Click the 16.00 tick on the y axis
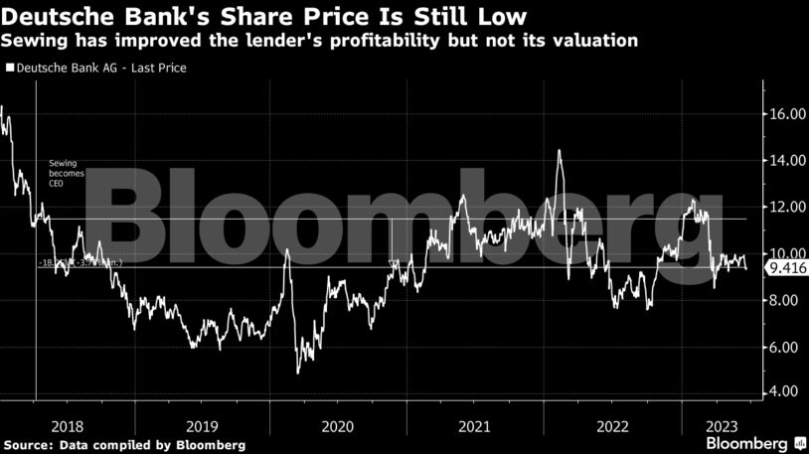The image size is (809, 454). click(785, 114)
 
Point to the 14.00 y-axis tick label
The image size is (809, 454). click(785, 161)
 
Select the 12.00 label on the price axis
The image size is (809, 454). click(785, 207)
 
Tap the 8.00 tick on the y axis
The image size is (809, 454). click(785, 300)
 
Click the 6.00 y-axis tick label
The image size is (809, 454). click(785, 347)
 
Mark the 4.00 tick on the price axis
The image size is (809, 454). click(785, 391)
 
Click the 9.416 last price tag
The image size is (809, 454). click(785, 267)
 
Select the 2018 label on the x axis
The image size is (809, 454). click(66, 424)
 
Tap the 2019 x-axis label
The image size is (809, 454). click(202, 424)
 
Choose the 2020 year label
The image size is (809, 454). click(338, 424)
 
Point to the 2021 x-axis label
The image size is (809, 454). click(474, 424)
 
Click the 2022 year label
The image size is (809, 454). click(610, 424)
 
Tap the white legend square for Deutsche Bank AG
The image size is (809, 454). click(11, 69)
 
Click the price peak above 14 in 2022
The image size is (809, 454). click(559, 151)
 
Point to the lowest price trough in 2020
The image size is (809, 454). click(298, 372)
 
